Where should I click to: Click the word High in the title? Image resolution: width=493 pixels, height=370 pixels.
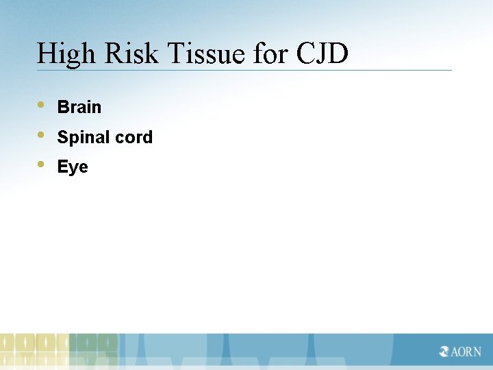pyautogui.click(x=65, y=54)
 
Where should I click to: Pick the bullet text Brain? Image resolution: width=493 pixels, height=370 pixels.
pyautogui.click(x=79, y=107)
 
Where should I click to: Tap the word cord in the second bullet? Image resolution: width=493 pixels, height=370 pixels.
pyautogui.click(x=134, y=137)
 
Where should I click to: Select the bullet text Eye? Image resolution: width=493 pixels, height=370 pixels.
pyautogui.click(x=73, y=167)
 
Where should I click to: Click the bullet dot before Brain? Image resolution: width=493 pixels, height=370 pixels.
pyautogui.click(x=42, y=106)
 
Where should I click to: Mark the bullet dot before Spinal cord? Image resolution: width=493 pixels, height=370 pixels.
pyautogui.click(x=42, y=135)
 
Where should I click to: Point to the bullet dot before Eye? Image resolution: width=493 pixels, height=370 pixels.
pyautogui.click(x=42, y=164)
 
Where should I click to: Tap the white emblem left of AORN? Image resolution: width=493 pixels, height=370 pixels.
pyautogui.click(x=445, y=351)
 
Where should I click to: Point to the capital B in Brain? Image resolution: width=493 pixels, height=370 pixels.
pyautogui.click(x=62, y=107)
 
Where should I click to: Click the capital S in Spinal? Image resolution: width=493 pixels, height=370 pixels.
pyautogui.click(x=62, y=137)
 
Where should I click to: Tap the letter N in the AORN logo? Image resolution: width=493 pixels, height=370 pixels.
pyautogui.click(x=476, y=351)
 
